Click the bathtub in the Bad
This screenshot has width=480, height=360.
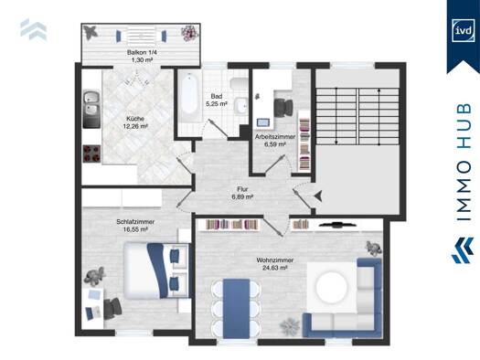tap(189, 97)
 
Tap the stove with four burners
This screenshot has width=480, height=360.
tap(91, 153)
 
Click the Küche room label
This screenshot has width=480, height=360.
tap(135, 119)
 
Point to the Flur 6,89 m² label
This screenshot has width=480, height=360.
tap(242, 193)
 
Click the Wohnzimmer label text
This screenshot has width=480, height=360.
tap(275, 260)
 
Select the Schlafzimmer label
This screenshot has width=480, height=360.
tap(135, 222)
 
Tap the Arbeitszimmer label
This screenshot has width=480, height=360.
tap(275, 137)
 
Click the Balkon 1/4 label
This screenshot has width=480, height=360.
tap(142, 53)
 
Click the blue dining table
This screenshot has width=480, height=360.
tap(236, 308)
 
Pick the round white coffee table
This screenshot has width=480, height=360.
tap(332, 287)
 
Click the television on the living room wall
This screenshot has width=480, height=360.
tap(337, 225)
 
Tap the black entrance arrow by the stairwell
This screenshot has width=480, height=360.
tap(319, 196)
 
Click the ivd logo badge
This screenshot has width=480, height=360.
tap(463, 30)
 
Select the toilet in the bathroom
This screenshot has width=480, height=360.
tap(239, 84)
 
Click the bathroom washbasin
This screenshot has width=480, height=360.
tap(241, 106)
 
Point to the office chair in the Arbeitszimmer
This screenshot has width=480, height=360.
tap(283, 107)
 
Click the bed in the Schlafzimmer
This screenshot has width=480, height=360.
tap(156, 270)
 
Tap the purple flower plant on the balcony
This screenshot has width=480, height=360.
tap(190, 32)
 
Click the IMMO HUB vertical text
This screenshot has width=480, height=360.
tap(464, 162)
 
